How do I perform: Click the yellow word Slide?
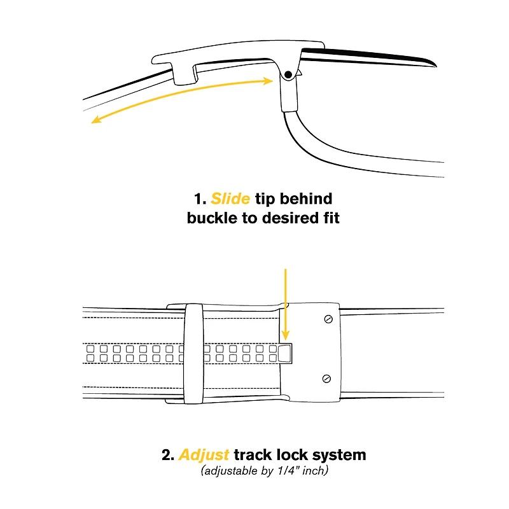pyautogui.click(x=230, y=199)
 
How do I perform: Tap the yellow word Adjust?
pyautogui.click(x=204, y=455)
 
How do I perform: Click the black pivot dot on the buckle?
pyautogui.click(x=288, y=74)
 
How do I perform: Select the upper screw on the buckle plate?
pyautogui.click(x=328, y=319)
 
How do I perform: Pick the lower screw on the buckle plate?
pyautogui.click(x=326, y=379)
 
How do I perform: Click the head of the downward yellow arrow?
pyautogui.click(x=285, y=336)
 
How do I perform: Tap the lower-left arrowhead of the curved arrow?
pyautogui.click(x=96, y=120)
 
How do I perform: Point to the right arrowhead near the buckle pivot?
pyautogui.click(x=268, y=81)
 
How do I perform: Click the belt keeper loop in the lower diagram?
pyautogui.click(x=194, y=354)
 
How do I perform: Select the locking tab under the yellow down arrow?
pyautogui.click(x=286, y=354)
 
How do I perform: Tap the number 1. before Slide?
pyautogui.click(x=200, y=199)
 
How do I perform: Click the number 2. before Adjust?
pyautogui.click(x=168, y=455)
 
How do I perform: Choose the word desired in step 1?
pyautogui.click(x=289, y=218)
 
